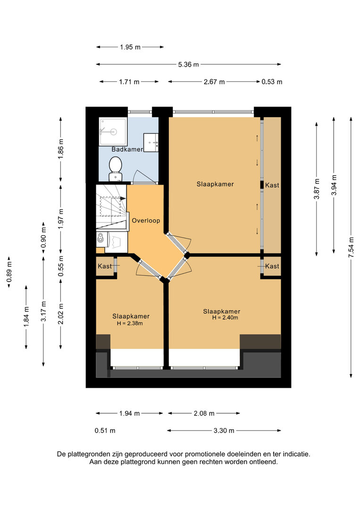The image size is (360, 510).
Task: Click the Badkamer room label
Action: coord(127,149)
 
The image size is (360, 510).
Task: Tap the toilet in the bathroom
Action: coord(115,169)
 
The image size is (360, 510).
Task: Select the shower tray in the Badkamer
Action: coord(112,131)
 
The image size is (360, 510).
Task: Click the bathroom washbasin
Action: coord(151,143)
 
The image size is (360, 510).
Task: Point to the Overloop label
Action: coord(146,221)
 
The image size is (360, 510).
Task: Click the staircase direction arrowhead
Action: coord(123,198)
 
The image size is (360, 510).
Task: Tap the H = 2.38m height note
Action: coord(130,323)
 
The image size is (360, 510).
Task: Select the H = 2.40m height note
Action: coord(225,318)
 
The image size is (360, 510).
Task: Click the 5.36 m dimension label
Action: coord(188,64)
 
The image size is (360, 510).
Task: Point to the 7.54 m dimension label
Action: coord(351,247)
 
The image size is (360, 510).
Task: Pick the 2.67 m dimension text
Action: coord(214,82)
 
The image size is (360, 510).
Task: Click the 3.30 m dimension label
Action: coord(224,431)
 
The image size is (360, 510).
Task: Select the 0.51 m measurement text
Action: coord(105,431)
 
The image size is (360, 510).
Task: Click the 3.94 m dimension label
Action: coord(334,185)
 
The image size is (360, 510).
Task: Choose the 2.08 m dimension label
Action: coord(204,413)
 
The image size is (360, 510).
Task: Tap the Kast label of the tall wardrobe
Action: coord(272,185)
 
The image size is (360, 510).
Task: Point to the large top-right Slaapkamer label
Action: coord(215,184)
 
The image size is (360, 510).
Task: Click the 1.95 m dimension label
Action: coord(130,47)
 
